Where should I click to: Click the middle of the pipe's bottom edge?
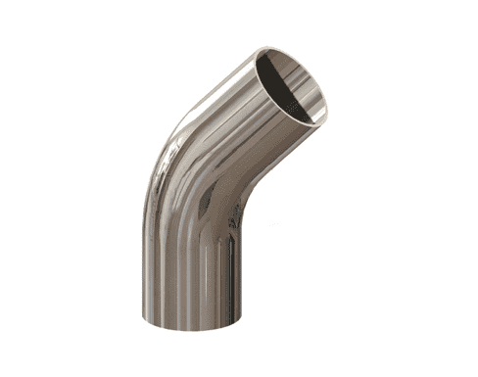pos(192,329)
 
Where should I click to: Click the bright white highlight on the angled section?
pos(211,108)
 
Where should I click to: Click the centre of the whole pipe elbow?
pos(220,186)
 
